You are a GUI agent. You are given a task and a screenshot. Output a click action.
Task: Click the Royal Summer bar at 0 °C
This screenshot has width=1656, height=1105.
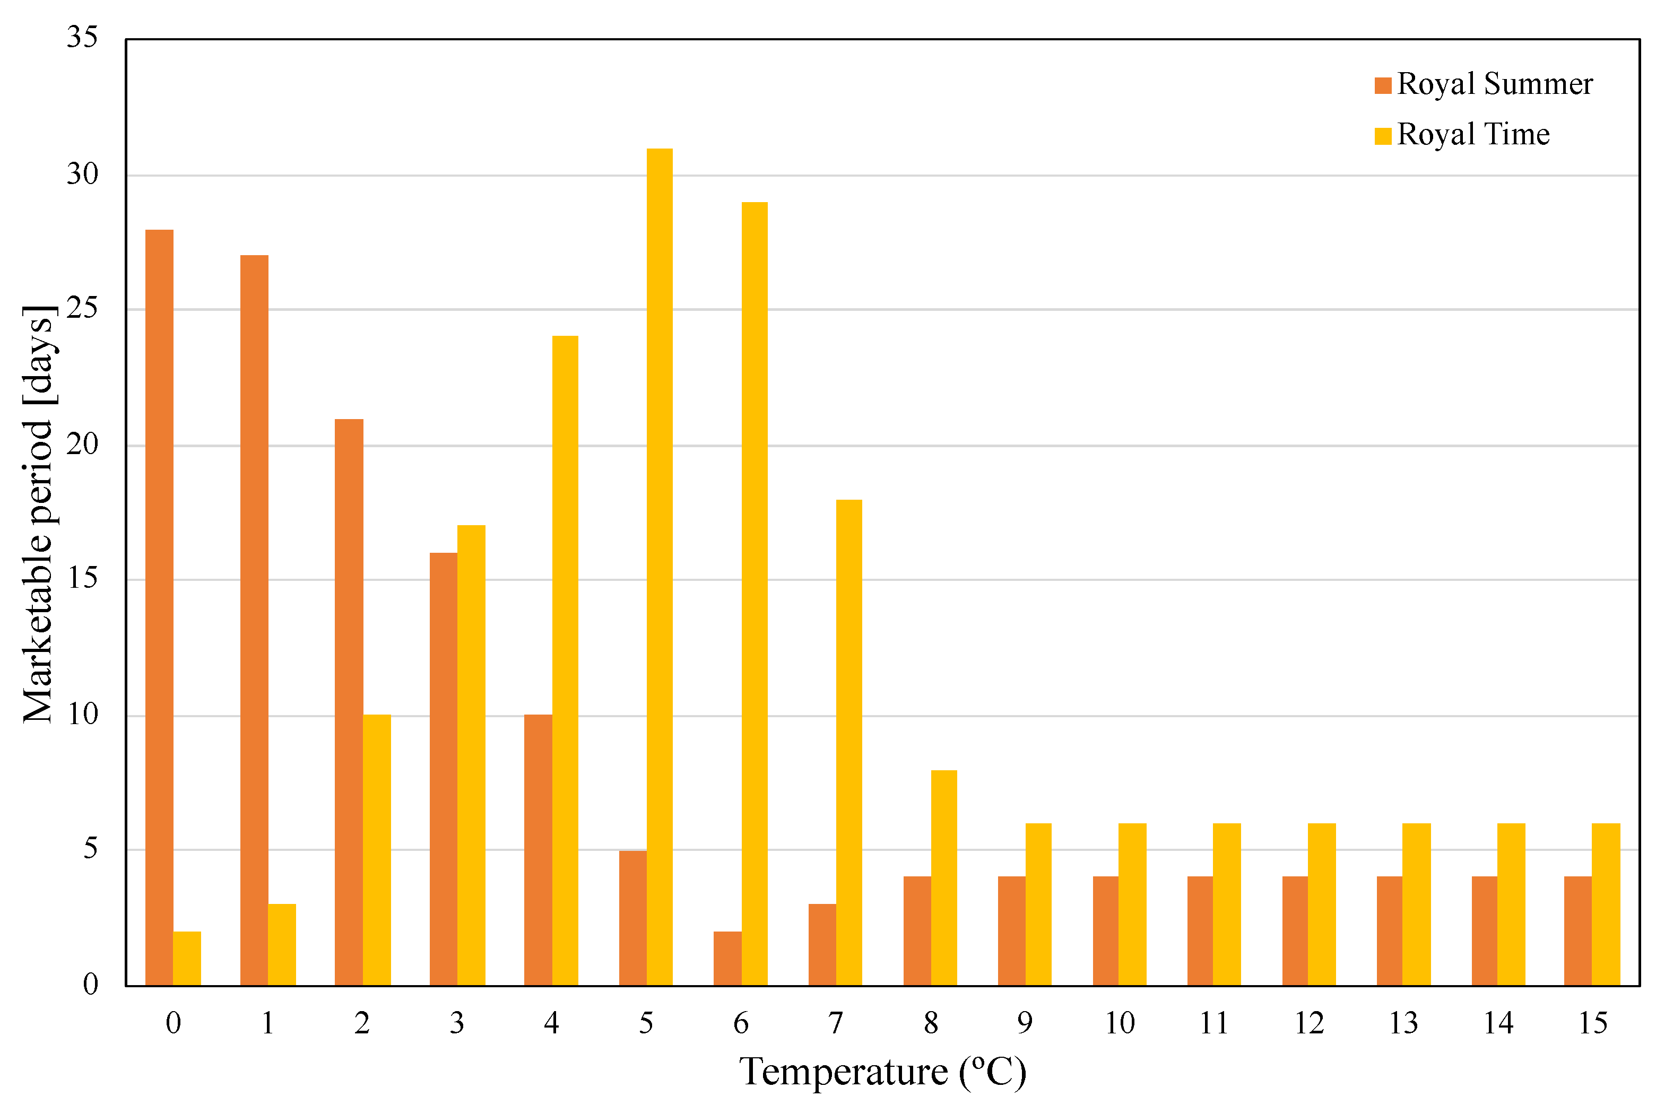(x=159, y=607)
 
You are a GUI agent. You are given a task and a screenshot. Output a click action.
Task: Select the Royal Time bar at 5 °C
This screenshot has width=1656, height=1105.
(x=660, y=567)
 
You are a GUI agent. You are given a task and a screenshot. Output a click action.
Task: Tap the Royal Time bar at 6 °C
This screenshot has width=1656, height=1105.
(x=754, y=594)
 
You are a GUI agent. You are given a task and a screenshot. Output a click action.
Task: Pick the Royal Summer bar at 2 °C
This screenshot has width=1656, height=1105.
(x=349, y=702)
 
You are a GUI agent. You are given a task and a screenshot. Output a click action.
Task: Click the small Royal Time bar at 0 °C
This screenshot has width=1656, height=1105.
(x=187, y=959)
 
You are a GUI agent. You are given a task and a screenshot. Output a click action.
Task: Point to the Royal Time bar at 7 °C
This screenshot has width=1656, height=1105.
(x=848, y=742)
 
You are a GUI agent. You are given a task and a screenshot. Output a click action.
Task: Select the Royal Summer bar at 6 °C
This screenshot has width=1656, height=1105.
(x=727, y=959)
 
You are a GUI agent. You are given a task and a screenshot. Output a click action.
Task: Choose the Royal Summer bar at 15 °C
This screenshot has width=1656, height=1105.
(x=1578, y=930)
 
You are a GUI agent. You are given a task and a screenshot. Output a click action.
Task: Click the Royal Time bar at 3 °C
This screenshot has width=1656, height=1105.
(x=471, y=755)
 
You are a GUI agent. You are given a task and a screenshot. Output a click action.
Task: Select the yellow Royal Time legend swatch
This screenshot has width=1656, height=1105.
(x=1383, y=135)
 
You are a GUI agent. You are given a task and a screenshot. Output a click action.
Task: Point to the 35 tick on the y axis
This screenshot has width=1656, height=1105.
(x=82, y=37)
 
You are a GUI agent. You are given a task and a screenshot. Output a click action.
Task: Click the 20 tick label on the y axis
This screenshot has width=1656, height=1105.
(x=82, y=444)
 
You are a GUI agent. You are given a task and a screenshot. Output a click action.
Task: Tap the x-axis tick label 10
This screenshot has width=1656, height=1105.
(x=1119, y=1023)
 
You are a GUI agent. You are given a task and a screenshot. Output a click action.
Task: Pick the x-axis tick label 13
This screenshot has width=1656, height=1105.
(x=1403, y=1023)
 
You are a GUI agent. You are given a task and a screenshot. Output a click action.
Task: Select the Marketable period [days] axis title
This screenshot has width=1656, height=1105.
(x=39, y=515)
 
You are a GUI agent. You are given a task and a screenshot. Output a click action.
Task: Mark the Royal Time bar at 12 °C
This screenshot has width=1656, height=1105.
(x=1321, y=904)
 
